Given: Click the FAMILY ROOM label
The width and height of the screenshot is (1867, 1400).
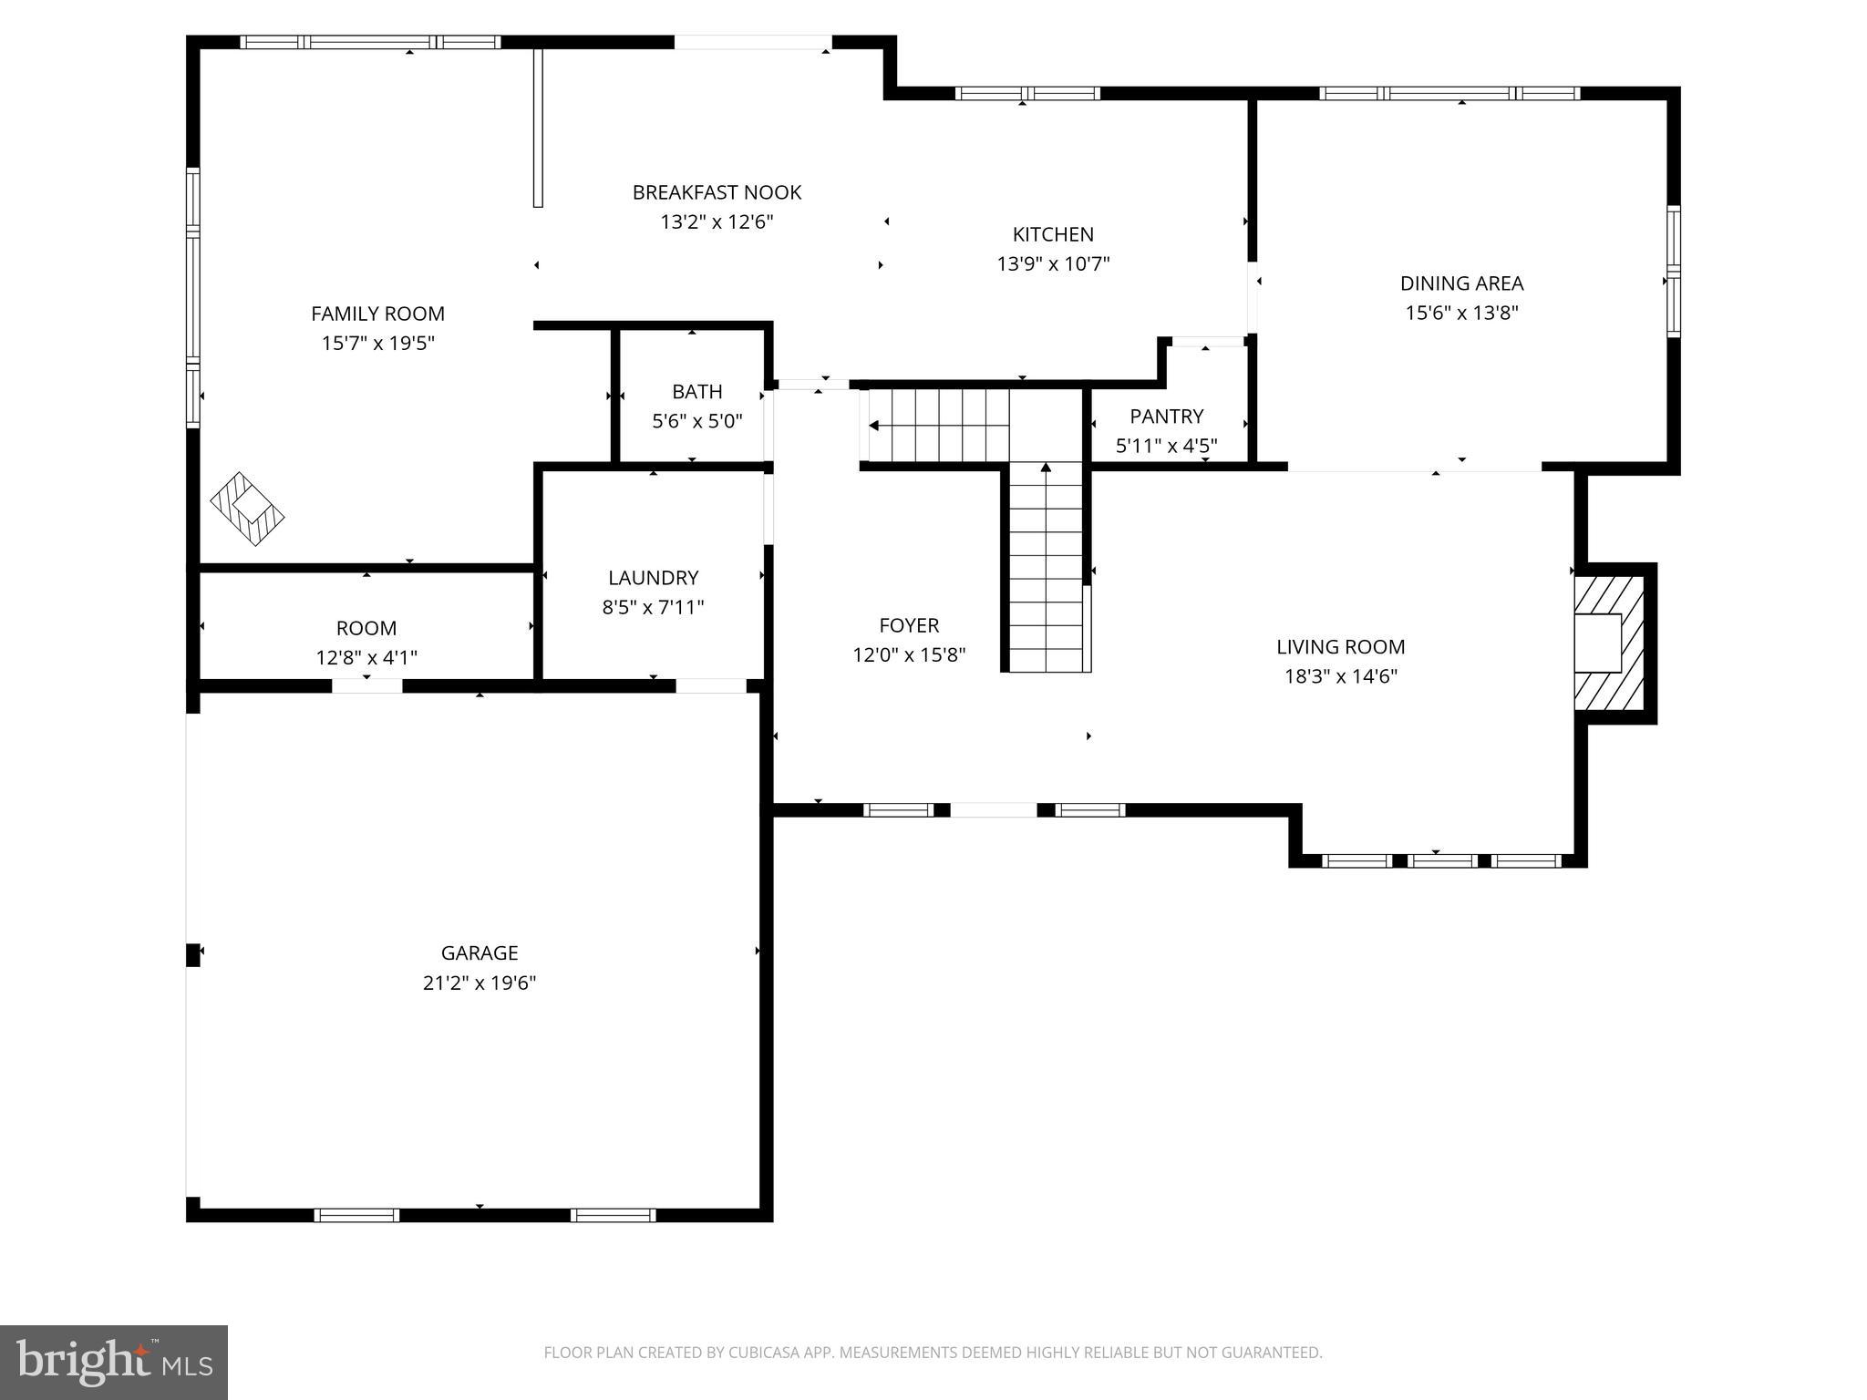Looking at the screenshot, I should pyautogui.click(x=377, y=314).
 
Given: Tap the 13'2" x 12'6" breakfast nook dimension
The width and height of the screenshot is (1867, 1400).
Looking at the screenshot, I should pyautogui.click(x=717, y=221).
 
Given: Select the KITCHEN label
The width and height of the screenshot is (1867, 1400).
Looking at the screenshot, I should pyautogui.click(x=1053, y=234).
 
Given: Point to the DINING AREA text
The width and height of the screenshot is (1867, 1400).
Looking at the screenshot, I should pyautogui.click(x=1461, y=283).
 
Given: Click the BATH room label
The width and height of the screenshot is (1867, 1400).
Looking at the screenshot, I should pyautogui.click(x=696, y=392).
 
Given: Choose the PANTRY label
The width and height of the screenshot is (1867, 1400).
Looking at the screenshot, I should pyautogui.click(x=1166, y=417).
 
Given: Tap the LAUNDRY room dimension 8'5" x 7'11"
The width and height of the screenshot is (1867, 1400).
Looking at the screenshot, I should pyautogui.click(x=653, y=607).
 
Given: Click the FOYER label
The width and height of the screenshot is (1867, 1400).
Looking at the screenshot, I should pyautogui.click(x=908, y=625).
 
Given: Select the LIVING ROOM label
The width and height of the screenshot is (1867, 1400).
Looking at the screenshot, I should pyautogui.click(x=1340, y=647).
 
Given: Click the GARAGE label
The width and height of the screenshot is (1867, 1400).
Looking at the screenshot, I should pyautogui.click(x=480, y=952).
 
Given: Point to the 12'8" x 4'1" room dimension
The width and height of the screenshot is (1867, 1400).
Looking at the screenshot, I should pyautogui.click(x=366, y=657).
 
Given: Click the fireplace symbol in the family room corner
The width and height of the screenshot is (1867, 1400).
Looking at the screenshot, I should pyautogui.click(x=247, y=509).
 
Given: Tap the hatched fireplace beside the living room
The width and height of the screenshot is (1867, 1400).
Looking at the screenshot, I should pyautogui.click(x=1608, y=643).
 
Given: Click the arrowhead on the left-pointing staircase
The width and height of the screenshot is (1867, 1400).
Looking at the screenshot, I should pyautogui.click(x=873, y=426).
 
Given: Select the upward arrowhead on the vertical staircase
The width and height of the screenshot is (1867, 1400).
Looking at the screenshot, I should pyautogui.click(x=1046, y=468).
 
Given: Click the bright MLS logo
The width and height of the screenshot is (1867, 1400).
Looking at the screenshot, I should pyautogui.click(x=114, y=1362).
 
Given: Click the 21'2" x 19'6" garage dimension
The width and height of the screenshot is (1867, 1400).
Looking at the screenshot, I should pyautogui.click(x=480, y=983).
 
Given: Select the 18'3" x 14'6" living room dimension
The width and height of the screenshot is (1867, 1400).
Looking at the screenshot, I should pyautogui.click(x=1340, y=676).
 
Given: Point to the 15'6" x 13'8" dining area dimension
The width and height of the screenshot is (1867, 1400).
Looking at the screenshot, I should pyautogui.click(x=1461, y=313).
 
